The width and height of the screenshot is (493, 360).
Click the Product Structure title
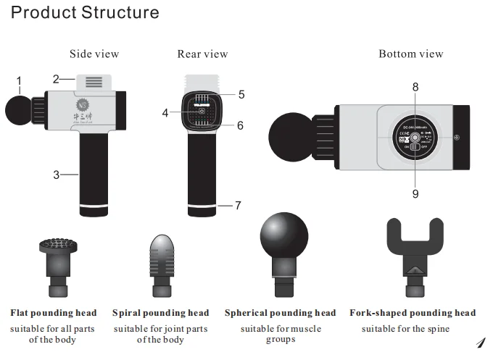(x=86, y=13)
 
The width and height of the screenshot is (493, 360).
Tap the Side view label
(x=94, y=54)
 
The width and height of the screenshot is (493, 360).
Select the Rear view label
(x=202, y=54)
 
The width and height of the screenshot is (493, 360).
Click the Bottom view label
(x=410, y=54)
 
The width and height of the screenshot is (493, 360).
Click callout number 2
(x=56, y=79)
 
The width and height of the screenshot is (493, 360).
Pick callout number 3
(x=55, y=174)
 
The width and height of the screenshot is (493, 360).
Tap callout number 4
(x=165, y=113)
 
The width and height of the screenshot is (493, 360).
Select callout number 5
(x=241, y=94)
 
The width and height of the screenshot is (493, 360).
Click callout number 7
(x=238, y=206)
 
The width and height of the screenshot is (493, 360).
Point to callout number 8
(x=415, y=86)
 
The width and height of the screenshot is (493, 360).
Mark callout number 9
(x=415, y=194)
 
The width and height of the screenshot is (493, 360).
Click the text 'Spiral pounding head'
(x=160, y=314)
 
